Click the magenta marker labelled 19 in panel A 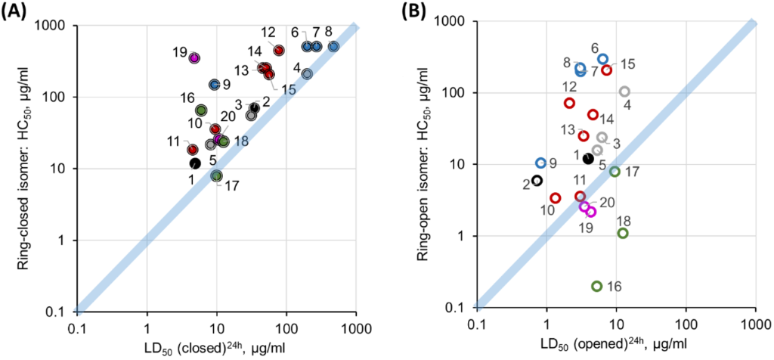[x=194, y=57]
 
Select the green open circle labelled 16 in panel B [x=596, y=286]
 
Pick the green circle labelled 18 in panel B [x=623, y=233]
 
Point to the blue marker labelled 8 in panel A [x=333, y=47]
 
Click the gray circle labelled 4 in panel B [x=624, y=92]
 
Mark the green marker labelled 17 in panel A [x=217, y=176]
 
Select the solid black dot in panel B [x=588, y=158]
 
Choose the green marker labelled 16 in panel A [x=201, y=110]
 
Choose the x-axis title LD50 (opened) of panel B [x=616, y=346]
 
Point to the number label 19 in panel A [x=179, y=51]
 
